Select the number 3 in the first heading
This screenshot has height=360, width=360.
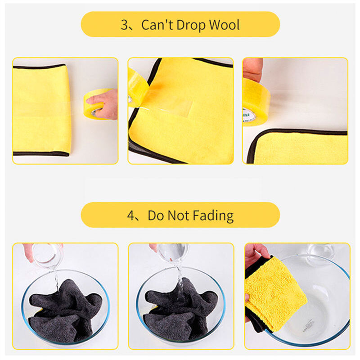[x=125, y=25]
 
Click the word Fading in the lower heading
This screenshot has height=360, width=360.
[x=213, y=216]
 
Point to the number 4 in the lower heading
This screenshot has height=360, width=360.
[x=131, y=216]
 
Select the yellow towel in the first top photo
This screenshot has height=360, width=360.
[x=41, y=110]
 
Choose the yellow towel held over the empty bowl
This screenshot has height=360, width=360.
[x=275, y=293]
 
